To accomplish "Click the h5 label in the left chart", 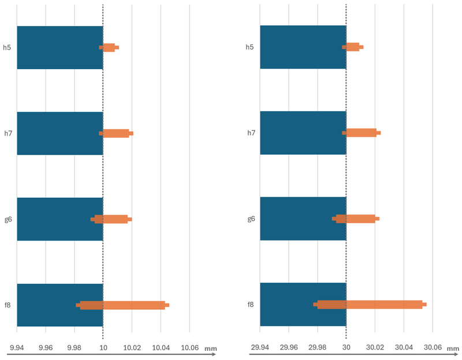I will (7, 47).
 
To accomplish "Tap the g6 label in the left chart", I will (8, 219).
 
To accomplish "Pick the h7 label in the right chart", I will (251, 133).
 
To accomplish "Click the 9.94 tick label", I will (17, 348).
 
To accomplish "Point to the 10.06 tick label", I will (189, 348).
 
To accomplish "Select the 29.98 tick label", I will (317, 347).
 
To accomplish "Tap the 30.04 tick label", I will (404, 347).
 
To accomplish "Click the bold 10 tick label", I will (103, 348).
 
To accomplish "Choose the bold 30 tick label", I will (346, 347).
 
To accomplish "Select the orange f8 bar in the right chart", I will (370, 304).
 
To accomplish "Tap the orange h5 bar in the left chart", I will (109, 47).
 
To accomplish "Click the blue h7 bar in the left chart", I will (59, 133).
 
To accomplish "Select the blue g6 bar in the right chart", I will (303, 219).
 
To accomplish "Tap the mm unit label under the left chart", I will (210, 348).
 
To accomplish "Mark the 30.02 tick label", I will (375, 347).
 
